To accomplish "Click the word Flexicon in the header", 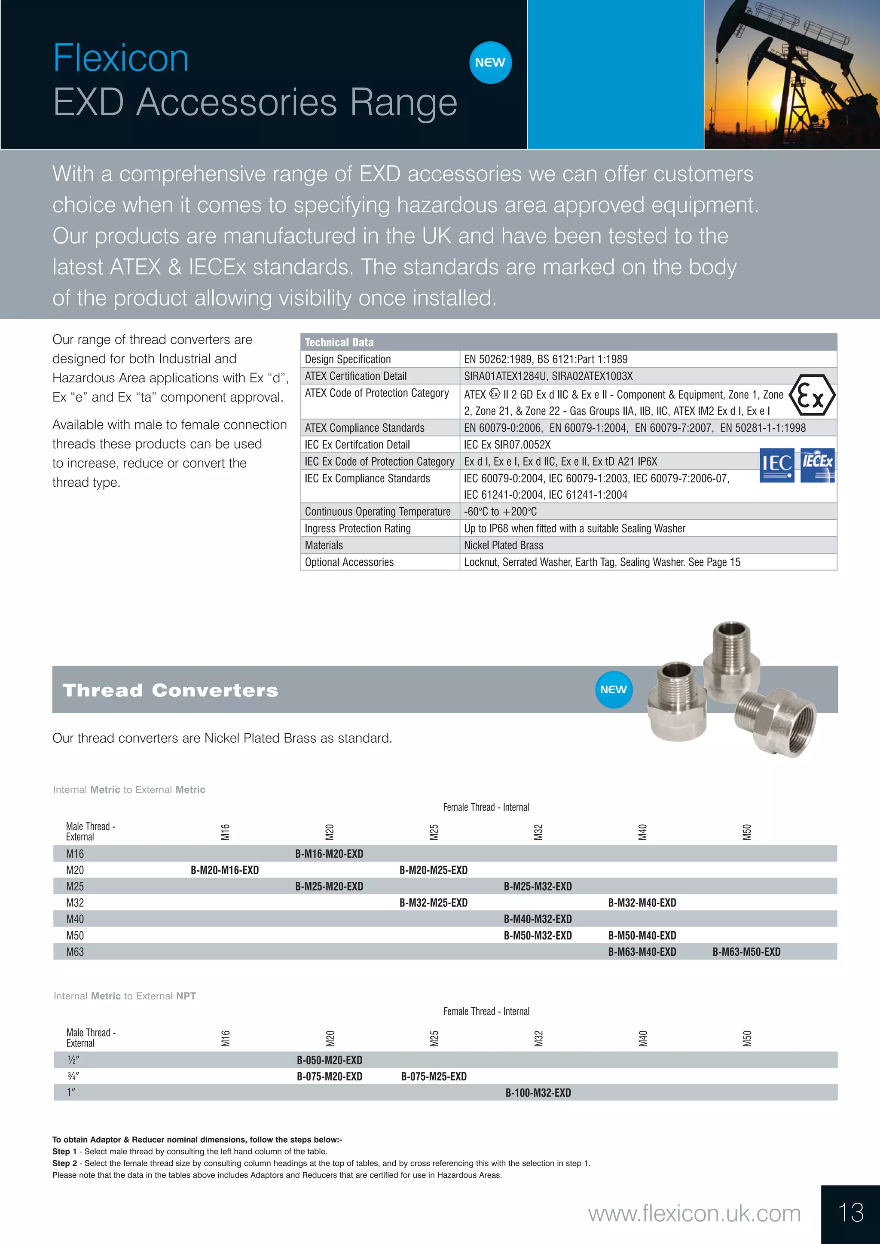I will coord(120,58).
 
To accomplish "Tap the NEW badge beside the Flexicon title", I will coord(490,63).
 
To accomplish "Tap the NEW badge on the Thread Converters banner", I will coord(614,690).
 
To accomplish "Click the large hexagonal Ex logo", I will coord(811,396).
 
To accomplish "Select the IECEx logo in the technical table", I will coord(817,465).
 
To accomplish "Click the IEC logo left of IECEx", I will coord(776,465).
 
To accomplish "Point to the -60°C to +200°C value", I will coord(500,512).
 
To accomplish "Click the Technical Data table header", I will coord(339,342).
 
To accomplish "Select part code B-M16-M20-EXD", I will coord(329,854).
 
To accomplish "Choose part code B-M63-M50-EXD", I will coord(746,952).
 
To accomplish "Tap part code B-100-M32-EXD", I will coord(538,1093).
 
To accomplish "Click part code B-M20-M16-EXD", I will coord(224,870).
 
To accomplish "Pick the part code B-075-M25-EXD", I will coord(434,1076).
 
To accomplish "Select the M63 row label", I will coord(75,952).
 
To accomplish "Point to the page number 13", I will coord(850,1213).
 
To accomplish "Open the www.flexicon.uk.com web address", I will coord(694,1214).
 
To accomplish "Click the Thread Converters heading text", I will coord(170,690).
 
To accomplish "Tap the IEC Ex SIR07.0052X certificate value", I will coord(507,445).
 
